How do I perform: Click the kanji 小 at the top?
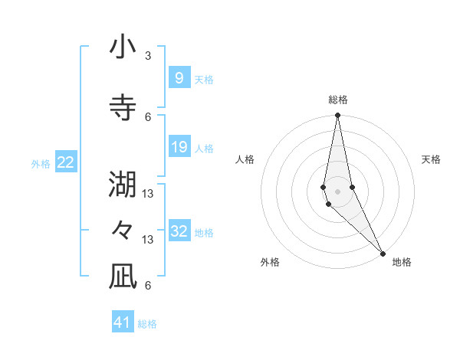point(123,48)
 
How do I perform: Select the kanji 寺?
point(123,108)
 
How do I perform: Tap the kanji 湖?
point(123,185)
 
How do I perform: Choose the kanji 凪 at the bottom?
point(123,278)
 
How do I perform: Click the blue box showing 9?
point(179,77)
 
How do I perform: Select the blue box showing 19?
point(179,147)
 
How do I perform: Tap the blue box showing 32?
point(179,231)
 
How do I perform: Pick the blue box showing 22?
point(66,162)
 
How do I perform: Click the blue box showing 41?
point(123,322)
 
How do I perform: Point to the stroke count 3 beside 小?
point(148,56)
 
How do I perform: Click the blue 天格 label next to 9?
point(203,79)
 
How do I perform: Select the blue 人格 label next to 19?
point(203,149)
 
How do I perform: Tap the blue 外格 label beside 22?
point(41,164)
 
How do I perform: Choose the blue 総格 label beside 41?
point(147,324)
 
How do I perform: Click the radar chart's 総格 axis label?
point(338,100)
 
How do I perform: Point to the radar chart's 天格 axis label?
point(431,159)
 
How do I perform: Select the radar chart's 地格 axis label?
point(402,262)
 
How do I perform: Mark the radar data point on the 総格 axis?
point(337,116)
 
